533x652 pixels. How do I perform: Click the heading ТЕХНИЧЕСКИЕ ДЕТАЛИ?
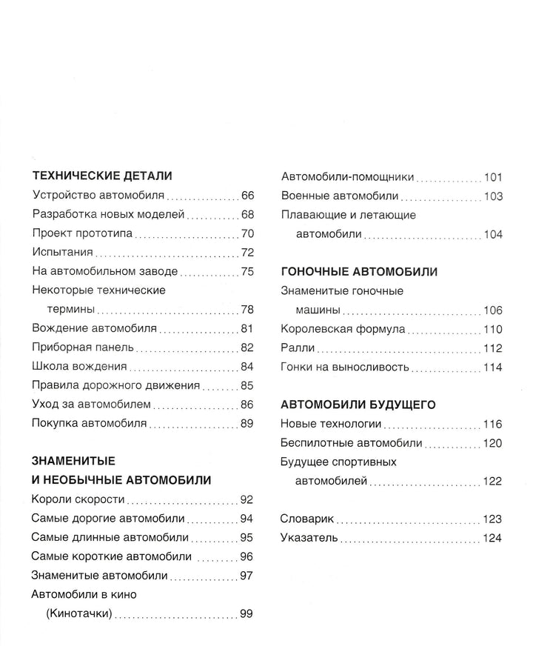point(103,176)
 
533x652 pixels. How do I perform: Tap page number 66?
point(247,196)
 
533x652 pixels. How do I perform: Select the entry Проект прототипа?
point(82,233)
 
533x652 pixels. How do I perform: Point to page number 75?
point(247,271)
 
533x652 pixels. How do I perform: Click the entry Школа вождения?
point(80,366)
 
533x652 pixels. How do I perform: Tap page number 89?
point(247,423)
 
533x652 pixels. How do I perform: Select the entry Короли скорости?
point(78,499)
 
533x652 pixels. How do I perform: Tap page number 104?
point(493,234)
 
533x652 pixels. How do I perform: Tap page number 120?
point(493,443)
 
